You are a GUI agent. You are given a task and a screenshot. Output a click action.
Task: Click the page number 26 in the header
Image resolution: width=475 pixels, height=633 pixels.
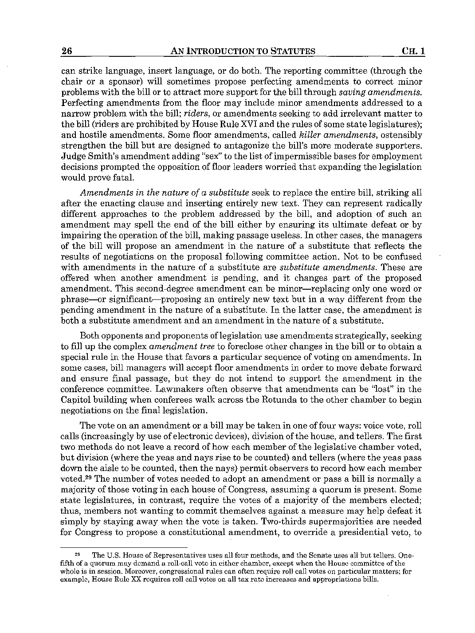[67, 51]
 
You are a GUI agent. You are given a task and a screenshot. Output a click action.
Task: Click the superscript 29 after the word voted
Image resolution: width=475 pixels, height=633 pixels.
[87, 478]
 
